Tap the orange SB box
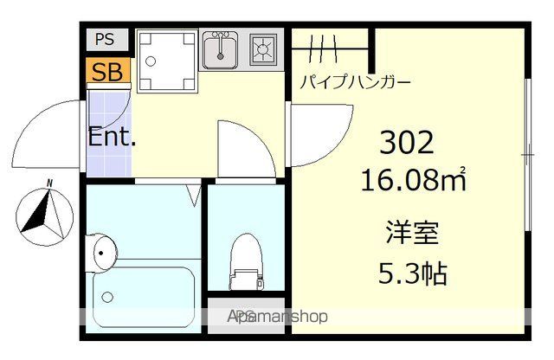[107, 71]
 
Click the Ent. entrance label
[112, 137]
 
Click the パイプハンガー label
[355, 84]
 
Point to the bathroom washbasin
[102, 254]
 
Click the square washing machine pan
[167, 59]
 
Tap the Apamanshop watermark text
[277, 317]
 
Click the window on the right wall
[527, 156]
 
